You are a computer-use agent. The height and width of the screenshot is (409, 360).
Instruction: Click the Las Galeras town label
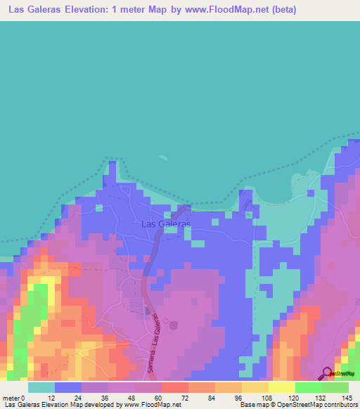[x=166, y=224]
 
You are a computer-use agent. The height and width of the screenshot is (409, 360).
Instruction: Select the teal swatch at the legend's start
[x=41, y=387]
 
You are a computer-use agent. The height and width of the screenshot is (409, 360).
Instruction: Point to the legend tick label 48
[x=131, y=397]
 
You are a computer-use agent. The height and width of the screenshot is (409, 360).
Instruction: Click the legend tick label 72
[x=185, y=397]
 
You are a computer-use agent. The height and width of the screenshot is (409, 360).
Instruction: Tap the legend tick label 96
[x=239, y=397]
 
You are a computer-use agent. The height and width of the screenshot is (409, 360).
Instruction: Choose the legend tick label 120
[x=292, y=397]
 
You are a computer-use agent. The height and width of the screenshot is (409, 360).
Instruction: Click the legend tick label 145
[x=346, y=397]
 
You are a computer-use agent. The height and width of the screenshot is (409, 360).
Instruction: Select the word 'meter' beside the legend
[x=12, y=397]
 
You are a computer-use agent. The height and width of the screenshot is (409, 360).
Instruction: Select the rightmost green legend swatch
[x=335, y=387]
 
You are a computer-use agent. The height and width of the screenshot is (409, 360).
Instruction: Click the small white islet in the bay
[x=163, y=160]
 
